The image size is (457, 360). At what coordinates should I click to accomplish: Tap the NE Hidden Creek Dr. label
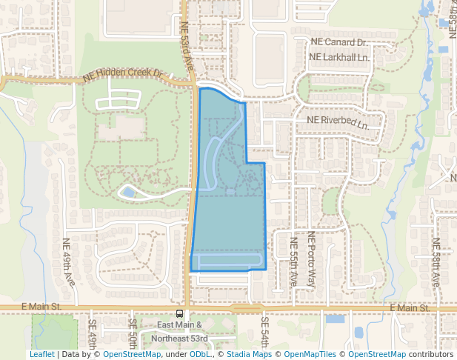coord(123,74)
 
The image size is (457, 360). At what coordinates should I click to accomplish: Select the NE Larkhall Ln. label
coord(338,57)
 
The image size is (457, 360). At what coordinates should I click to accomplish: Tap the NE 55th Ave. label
coord(294,261)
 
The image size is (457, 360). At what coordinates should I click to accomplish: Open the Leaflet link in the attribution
coord(42,354)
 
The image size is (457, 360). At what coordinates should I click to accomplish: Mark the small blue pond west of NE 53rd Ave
coord(128,192)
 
